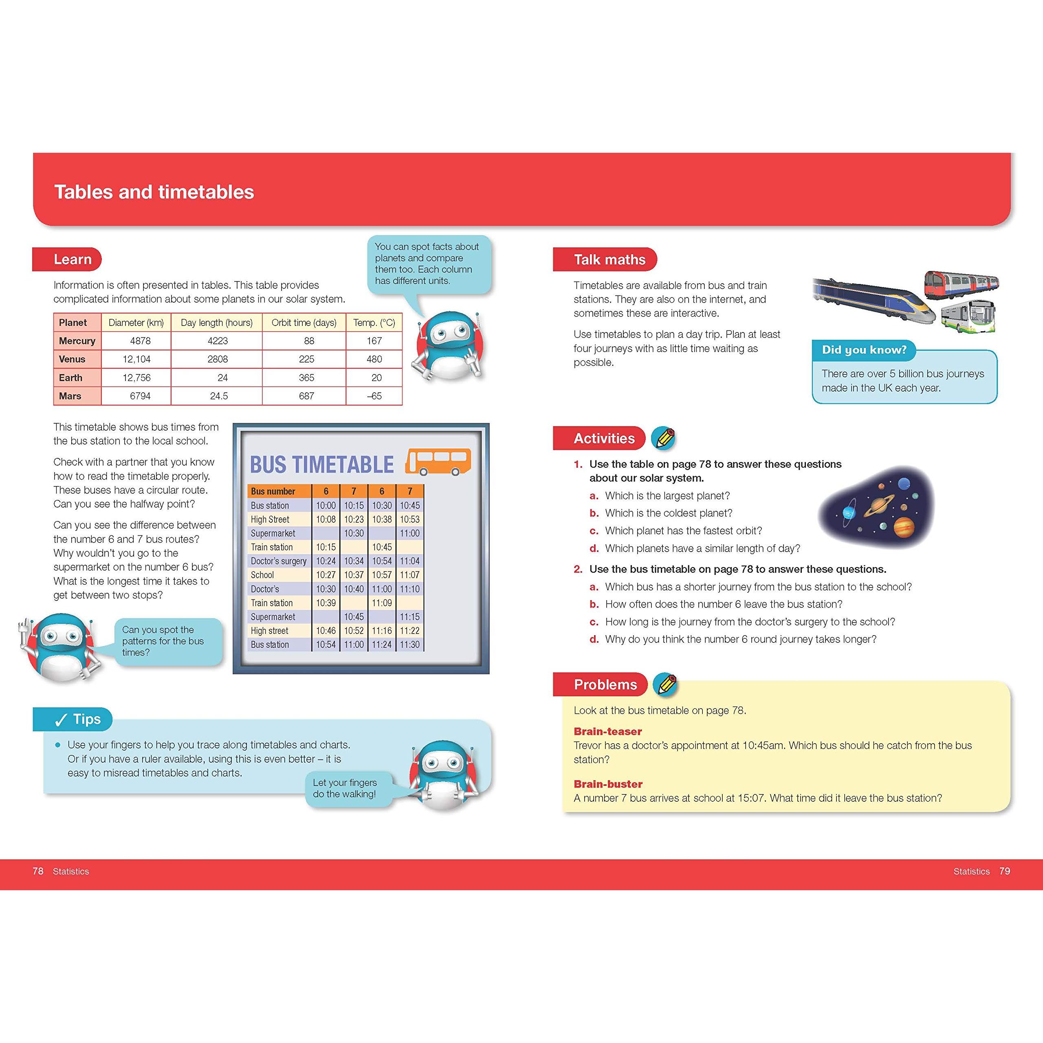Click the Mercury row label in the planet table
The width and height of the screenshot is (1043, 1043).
tap(77, 341)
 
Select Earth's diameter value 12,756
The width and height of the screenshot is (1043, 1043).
tap(136, 377)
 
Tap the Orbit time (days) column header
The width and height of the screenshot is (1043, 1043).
tap(304, 322)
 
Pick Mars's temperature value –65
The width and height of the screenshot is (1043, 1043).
tap(374, 396)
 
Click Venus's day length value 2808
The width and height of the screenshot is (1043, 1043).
tap(218, 359)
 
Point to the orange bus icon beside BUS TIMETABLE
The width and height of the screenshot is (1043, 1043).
tap(438, 462)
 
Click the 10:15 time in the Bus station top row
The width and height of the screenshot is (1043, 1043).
tap(354, 505)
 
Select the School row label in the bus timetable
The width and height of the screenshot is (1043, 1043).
tap(262, 575)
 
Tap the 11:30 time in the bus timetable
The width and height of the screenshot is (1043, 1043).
tap(410, 645)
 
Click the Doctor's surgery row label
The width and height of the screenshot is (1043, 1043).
tap(279, 561)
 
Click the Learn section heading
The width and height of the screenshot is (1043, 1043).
tap(73, 259)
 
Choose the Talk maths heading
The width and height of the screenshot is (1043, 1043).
tap(610, 260)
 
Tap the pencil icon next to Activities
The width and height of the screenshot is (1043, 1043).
tap(663, 438)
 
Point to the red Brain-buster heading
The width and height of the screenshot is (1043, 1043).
tap(608, 784)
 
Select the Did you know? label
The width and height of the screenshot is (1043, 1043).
tap(864, 350)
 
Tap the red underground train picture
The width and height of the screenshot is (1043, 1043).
tap(962, 284)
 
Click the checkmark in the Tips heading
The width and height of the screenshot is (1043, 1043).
tap(61, 720)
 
